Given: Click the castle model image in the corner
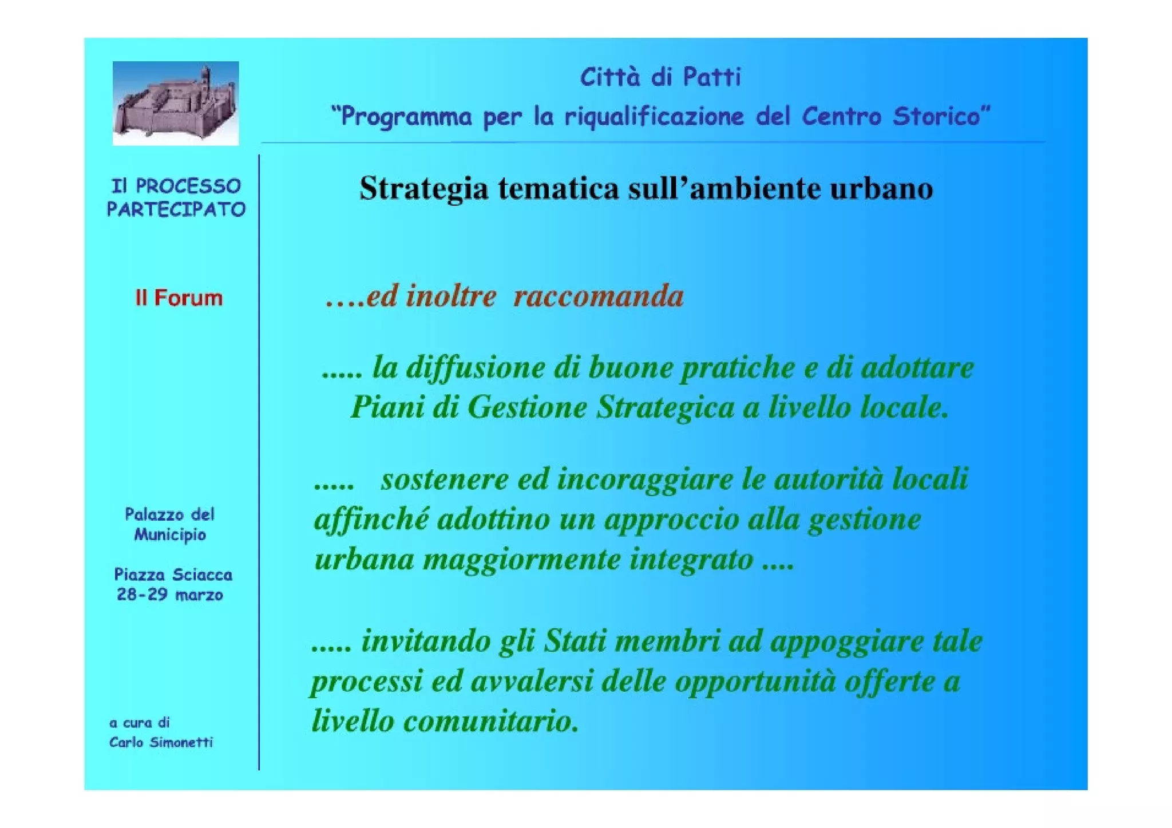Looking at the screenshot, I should point(175,103).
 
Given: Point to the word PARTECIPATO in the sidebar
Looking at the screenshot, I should point(176,209).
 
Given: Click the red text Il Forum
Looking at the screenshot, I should point(179,298).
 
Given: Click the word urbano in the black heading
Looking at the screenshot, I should point(881,188).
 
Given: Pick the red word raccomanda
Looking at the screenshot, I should point(598,296).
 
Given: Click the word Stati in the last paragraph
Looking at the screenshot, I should point(574,641).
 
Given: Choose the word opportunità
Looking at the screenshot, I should point(755,682).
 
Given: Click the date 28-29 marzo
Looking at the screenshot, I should point(170,595).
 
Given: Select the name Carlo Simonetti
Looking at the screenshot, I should point(161,743).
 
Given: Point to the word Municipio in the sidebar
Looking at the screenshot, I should point(170,535).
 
